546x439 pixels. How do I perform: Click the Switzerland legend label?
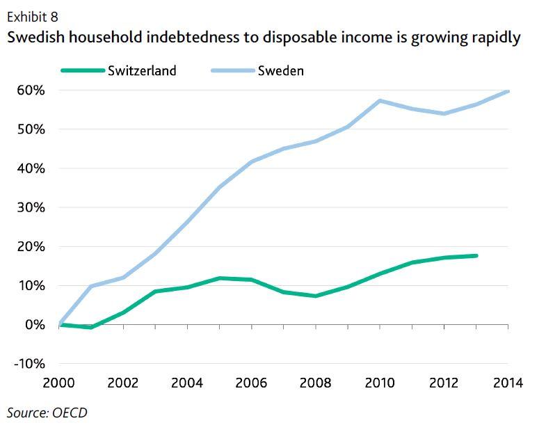142,71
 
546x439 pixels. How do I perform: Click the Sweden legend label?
280,71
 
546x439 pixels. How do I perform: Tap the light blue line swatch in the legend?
232,71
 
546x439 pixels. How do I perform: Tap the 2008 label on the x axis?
316,383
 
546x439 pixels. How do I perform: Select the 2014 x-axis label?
508,383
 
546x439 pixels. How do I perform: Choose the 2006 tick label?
252,383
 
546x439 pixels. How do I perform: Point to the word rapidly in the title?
494,37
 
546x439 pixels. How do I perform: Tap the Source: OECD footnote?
47,413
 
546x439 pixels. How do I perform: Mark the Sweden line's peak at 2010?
380,101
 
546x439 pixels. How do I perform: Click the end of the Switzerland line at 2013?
476,256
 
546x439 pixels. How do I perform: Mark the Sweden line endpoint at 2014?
508,91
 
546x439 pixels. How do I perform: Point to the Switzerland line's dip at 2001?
91,327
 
